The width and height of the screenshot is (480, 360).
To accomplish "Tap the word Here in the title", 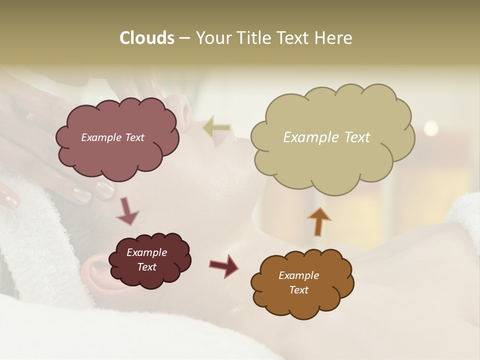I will pos(333,38).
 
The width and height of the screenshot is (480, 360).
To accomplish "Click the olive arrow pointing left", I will pos(216,127).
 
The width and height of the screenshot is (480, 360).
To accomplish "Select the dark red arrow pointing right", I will pos(223,266).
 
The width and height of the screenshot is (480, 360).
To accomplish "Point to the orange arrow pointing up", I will pos(318,221).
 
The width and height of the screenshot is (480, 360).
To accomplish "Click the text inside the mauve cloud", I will pos(112,137).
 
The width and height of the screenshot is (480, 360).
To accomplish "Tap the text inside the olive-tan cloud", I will pos(326,137).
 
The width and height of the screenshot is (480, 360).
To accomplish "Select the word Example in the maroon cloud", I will pos(146,252).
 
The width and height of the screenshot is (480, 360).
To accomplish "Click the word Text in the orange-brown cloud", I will pos(298,290).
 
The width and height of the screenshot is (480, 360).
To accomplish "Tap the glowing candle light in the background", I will pos(430,128).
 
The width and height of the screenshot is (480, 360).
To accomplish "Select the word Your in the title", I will pos(214,38).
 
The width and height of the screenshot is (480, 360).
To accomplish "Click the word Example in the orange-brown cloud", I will pos(298,275).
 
